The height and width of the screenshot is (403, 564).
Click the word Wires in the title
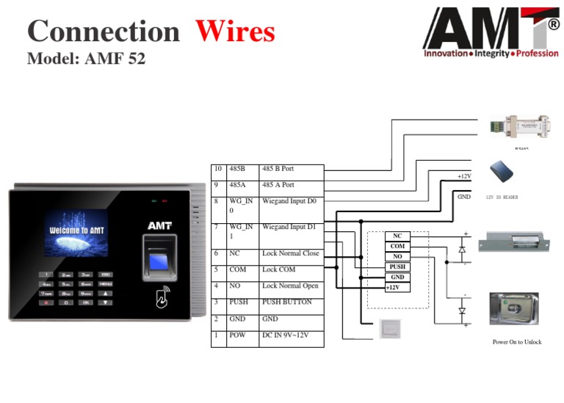235,32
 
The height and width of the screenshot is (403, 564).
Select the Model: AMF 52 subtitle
86,59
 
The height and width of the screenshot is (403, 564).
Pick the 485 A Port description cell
291,186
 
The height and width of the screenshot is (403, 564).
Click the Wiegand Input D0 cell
291,201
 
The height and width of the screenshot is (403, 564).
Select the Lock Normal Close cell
291,254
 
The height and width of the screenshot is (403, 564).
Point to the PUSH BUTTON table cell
291,302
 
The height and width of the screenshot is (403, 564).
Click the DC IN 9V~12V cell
291,335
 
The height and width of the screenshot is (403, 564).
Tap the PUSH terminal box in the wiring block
397,266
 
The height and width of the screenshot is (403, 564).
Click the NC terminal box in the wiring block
397,236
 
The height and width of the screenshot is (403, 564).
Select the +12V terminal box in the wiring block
397,288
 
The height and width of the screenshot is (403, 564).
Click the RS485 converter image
519,126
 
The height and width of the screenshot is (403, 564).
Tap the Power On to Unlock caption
516,342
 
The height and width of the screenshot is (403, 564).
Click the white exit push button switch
391,330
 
